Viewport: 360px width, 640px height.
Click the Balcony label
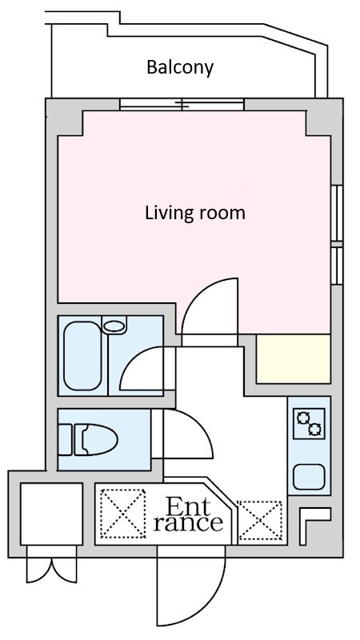(180, 67)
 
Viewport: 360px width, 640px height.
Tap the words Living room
(195, 213)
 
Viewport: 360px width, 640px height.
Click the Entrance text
(188, 515)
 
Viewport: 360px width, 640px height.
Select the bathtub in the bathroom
(82, 355)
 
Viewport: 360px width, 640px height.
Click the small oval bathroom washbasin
(114, 326)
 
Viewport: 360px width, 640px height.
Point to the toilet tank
(66, 439)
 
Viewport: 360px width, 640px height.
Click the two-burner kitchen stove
(309, 424)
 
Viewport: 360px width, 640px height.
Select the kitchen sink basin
(309, 477)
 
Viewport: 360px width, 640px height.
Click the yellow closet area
(293, 358)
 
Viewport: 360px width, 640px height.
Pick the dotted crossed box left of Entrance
(123, 514)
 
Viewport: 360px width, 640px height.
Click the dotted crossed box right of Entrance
(259, 521)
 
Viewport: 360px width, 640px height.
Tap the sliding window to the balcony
(182, 105)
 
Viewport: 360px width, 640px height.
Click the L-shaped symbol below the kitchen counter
(314, 526)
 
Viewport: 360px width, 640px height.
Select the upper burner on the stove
(303, 418)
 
